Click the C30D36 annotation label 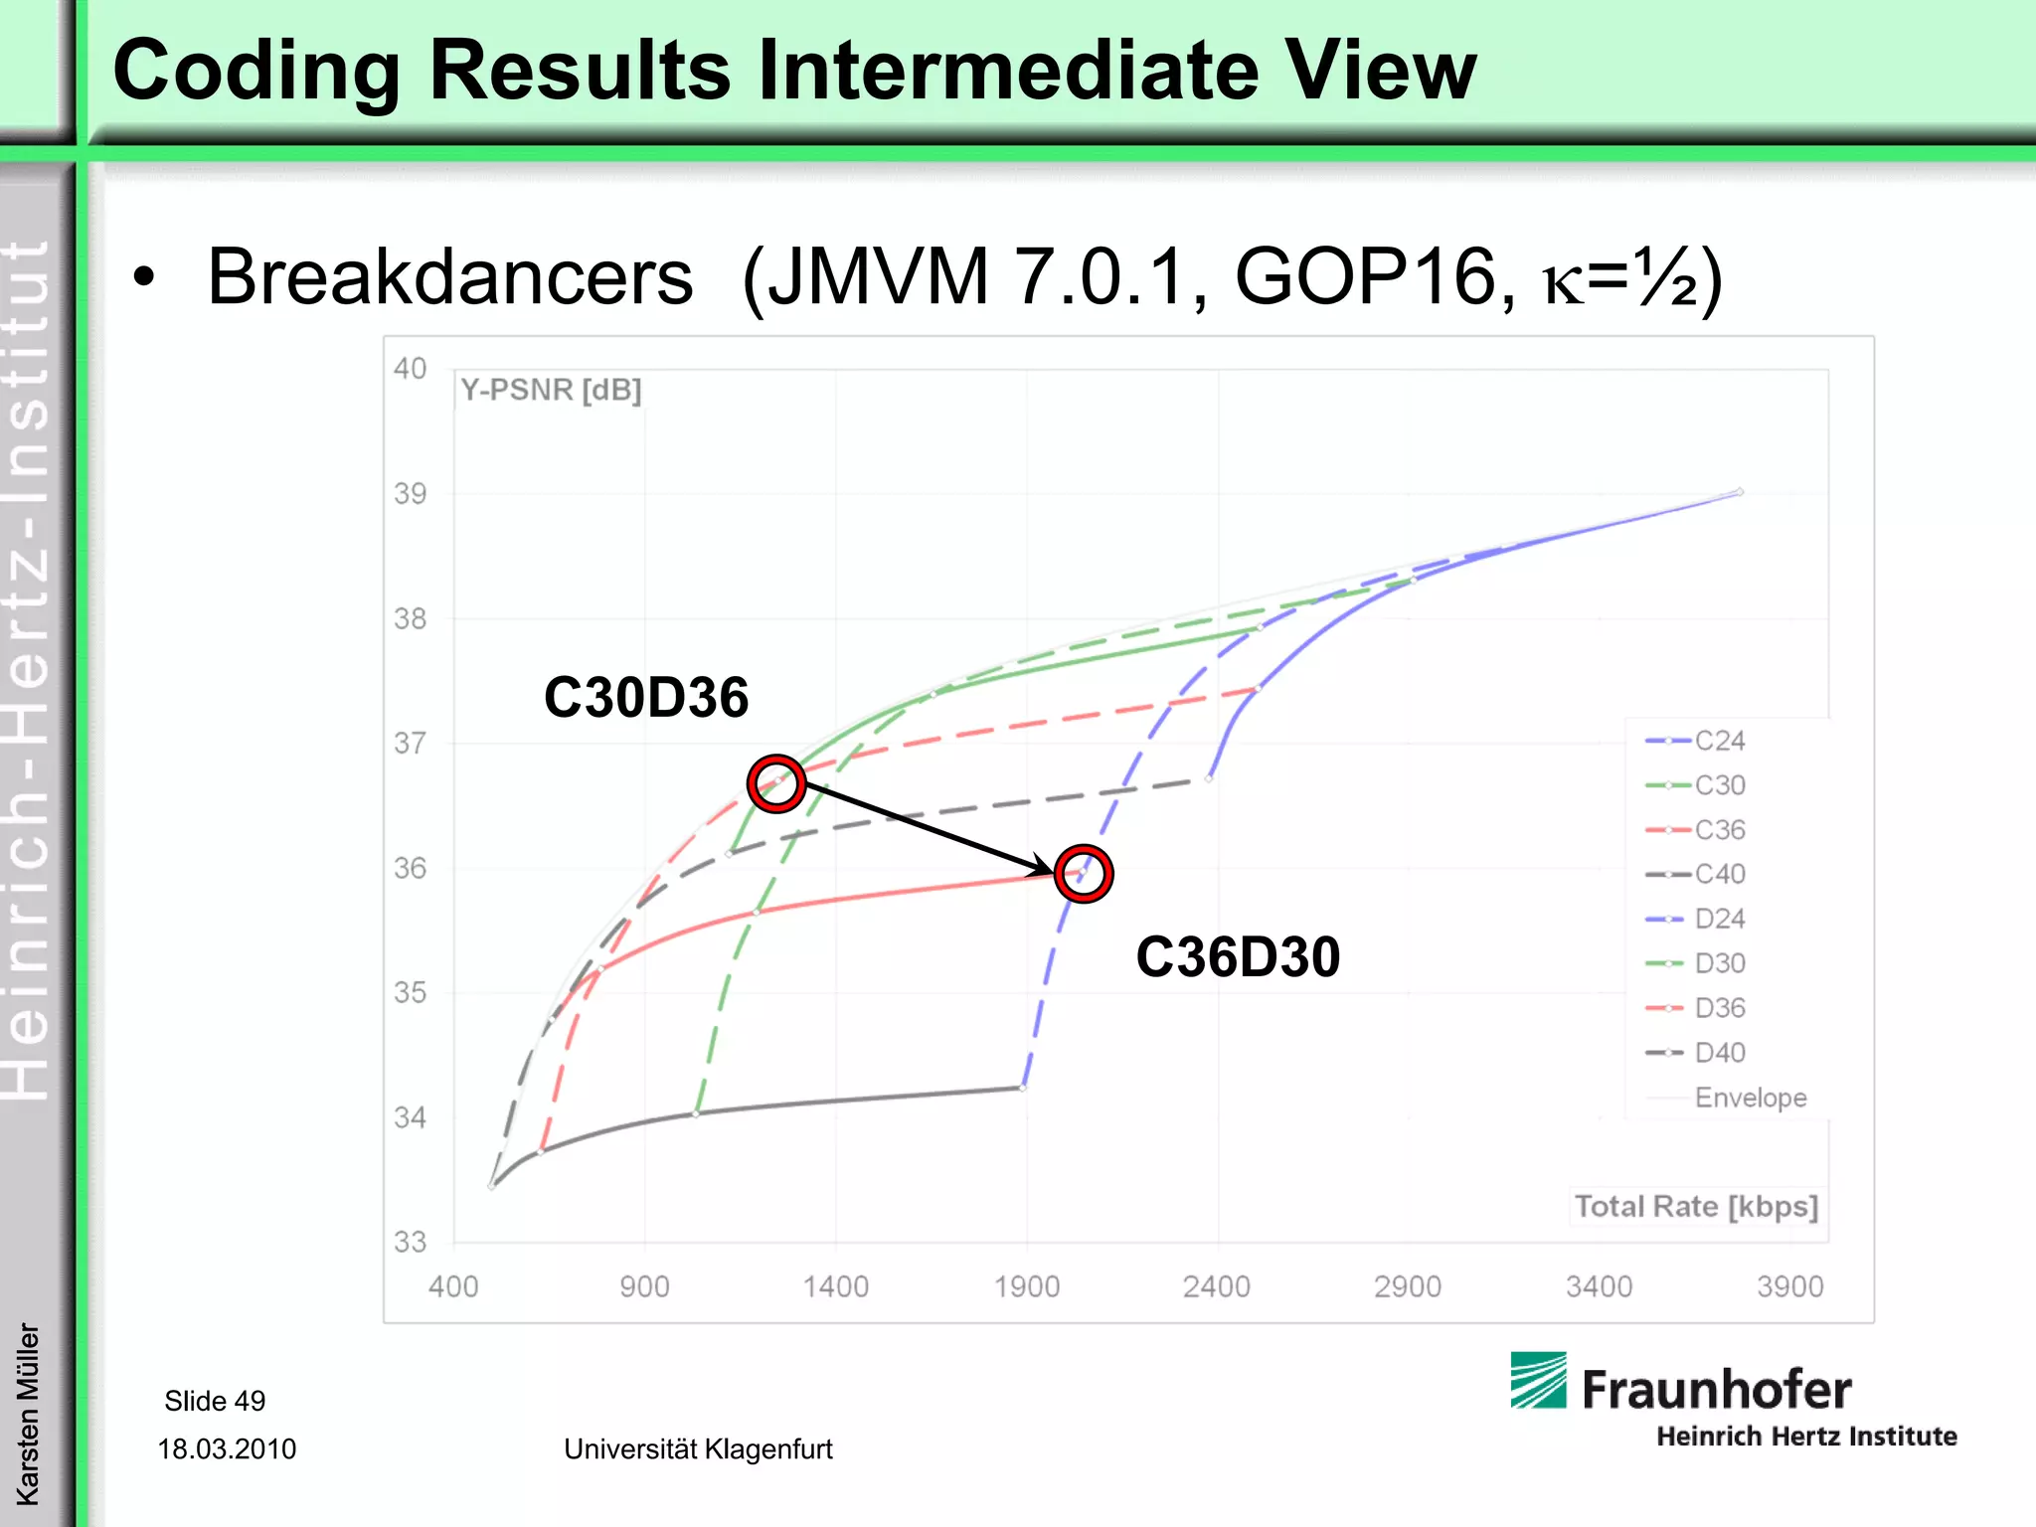(x=645, y=697)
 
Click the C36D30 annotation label (x=1238, y=956)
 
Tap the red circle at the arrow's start (x=775, y=783)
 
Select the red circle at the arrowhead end (x=1083, y=874)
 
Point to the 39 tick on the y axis (x=410, y=493)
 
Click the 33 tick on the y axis (x=410, y=1242)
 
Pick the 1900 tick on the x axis (x=1027, y=1286)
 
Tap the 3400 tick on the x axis (x=1599, y=1286)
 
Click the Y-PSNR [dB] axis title (x=551, y=390)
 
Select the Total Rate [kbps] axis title (x=1696, y=1207)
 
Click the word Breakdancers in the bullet (x=449, y=276)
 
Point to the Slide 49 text (x=215, y=1401)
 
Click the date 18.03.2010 (x=227, y=1448)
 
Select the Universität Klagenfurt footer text (x=698, y=1448)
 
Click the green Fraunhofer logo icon (x=1538, y=1380)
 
